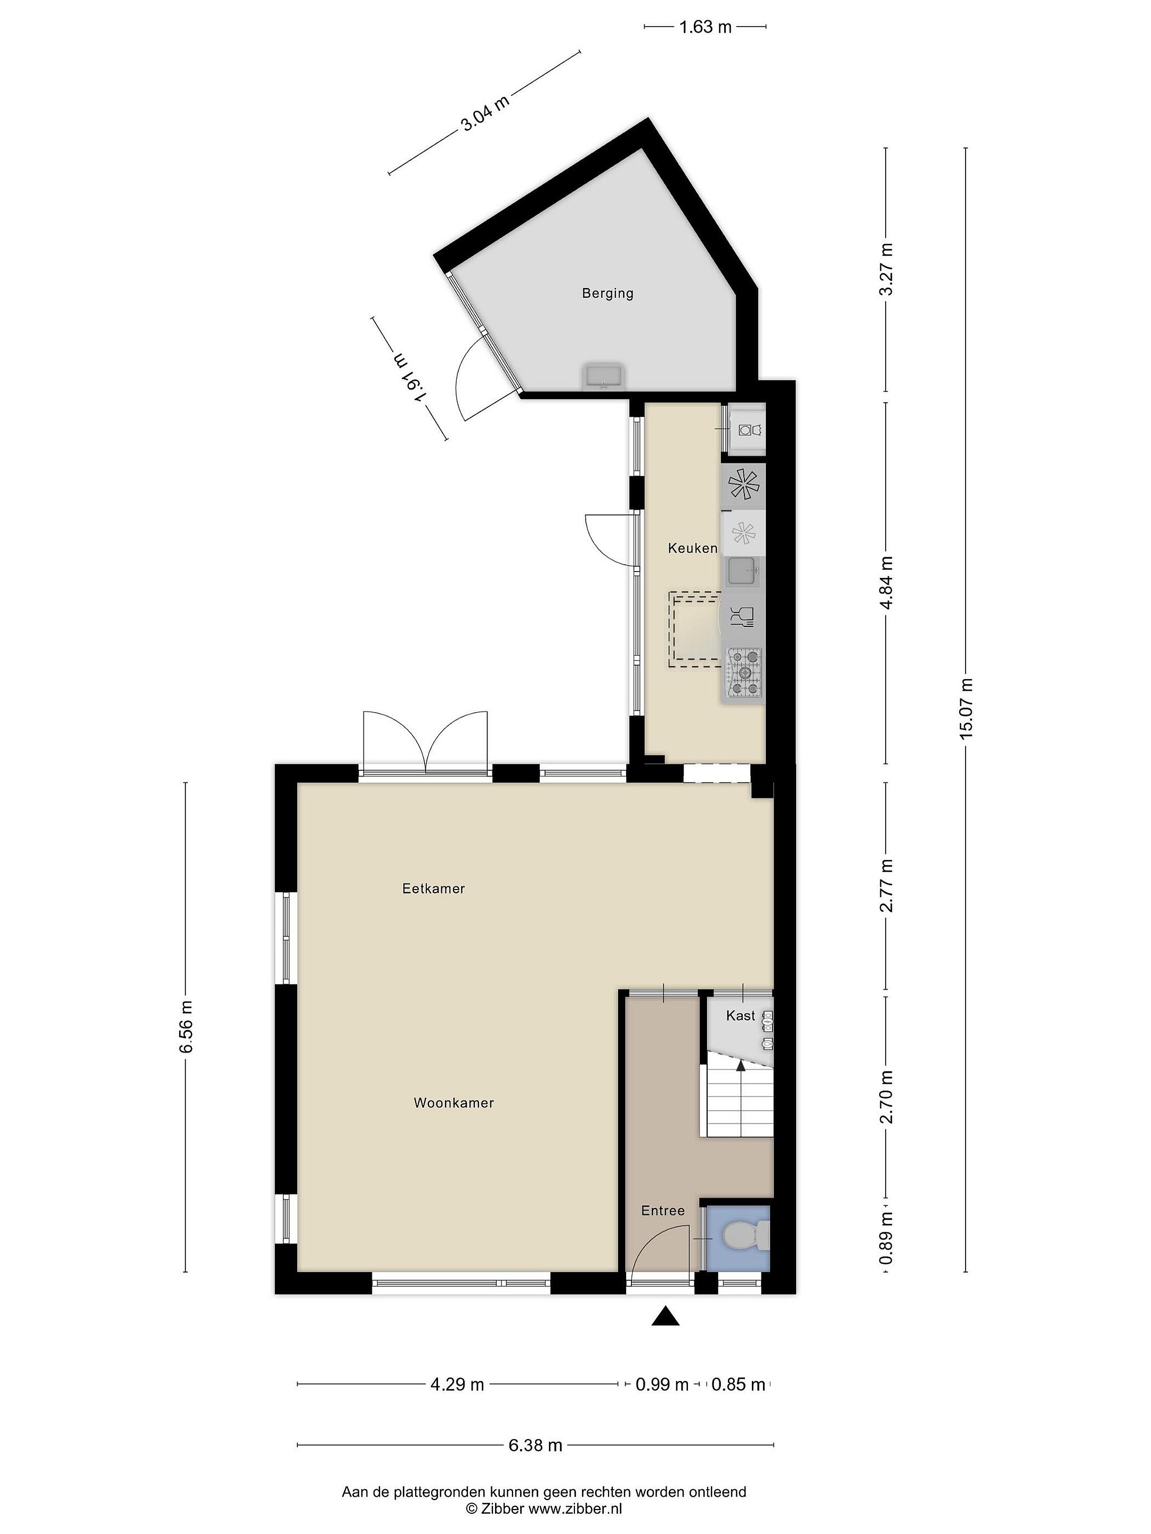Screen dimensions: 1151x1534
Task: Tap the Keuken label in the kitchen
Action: [x=692, y=548]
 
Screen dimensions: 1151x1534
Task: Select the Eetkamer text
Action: [x=434, y=888]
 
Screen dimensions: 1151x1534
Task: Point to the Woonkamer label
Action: [x=454, y=1103]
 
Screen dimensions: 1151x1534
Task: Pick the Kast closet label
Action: [x=740, y=1015]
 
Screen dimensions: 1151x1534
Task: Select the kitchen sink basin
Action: [x=743, y=572]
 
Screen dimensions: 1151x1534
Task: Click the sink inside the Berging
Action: [x=605, y=377]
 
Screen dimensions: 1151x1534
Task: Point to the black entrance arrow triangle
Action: [x=664, y=1316]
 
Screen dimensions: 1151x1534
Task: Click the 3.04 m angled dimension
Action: [x=485, y=112]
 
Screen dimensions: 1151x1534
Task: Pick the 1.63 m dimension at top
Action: [x=705, y=27]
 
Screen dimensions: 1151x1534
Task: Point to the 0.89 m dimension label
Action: [x=886, y=1237]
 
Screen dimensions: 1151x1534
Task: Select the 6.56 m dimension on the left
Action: [x=186, y=1026]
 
